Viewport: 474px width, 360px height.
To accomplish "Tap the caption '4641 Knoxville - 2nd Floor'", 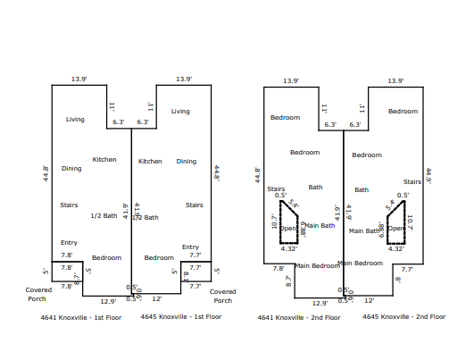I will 298,316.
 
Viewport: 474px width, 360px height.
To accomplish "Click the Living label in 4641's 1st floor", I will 75,118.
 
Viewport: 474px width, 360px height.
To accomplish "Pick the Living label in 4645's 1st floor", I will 180,112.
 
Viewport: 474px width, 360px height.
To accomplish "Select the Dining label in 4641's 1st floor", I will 71,168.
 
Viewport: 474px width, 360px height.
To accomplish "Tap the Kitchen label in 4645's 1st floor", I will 150,162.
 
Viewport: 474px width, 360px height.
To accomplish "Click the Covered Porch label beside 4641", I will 38,295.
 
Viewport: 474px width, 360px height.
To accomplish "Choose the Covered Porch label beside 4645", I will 223,296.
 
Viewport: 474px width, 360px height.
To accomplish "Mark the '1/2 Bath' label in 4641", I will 104,215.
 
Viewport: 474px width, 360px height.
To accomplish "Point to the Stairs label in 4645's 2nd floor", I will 412,181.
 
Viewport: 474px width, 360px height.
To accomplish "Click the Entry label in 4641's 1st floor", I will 69,243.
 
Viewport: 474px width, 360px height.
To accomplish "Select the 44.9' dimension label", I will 428,176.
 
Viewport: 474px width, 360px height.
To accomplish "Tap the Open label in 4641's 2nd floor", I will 288,228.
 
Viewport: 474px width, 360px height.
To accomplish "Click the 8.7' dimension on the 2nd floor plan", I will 288,280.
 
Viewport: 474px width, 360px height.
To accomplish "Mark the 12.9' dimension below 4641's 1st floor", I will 108,301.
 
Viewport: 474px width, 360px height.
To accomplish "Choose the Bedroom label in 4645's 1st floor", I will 159,257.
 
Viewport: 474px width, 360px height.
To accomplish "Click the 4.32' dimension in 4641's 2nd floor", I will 289,248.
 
